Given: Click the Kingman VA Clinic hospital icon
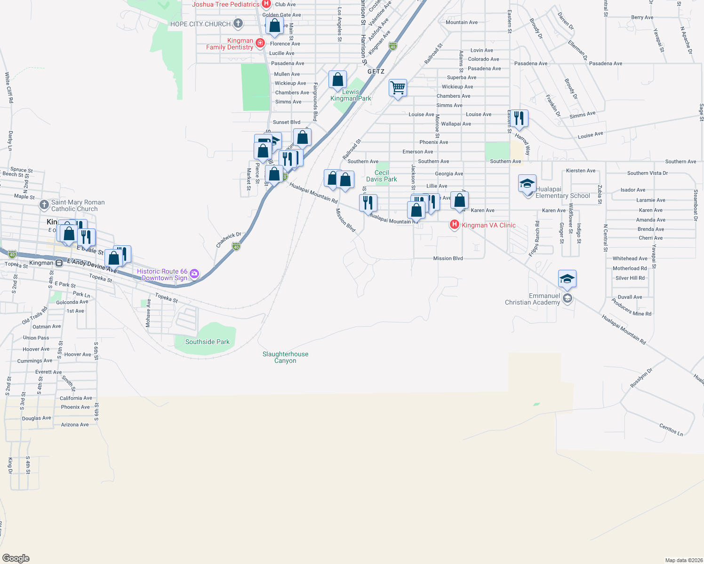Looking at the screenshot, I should (x=454, y=225).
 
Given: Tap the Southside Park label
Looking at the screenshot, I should (x=208, y=342).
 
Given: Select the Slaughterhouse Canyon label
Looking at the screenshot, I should (x=285, y=357).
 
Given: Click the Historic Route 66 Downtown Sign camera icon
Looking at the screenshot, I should (x=194, y=274).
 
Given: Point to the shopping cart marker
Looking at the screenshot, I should (x=398, y=87).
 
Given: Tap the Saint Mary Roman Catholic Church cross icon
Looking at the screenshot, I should (x=44, y=204).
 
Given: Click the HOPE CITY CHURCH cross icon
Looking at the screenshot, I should (x=238, y=23).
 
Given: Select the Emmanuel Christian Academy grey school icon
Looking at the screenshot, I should (x=567, y=298).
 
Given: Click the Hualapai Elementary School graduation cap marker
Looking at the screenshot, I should (x=527, y=183).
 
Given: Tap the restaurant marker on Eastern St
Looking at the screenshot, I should (x=519, y=118).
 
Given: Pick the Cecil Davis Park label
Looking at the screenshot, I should (x=382, y=176).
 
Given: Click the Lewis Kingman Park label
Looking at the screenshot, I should (x=351, y=95).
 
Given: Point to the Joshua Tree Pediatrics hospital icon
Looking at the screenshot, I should (x=266, y=4).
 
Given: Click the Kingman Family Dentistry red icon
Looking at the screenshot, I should (x=260, y=43).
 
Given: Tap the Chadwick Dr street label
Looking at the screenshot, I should (x=229, y=240).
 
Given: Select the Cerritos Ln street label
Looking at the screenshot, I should (x=671, y=430).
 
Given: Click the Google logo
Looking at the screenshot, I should (x=16, y=558).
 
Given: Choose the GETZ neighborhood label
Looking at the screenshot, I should (x=376, y=71).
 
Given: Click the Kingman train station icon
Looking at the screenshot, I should (x=59, y=263).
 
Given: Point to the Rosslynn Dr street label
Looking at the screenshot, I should (x=641, y=378).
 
